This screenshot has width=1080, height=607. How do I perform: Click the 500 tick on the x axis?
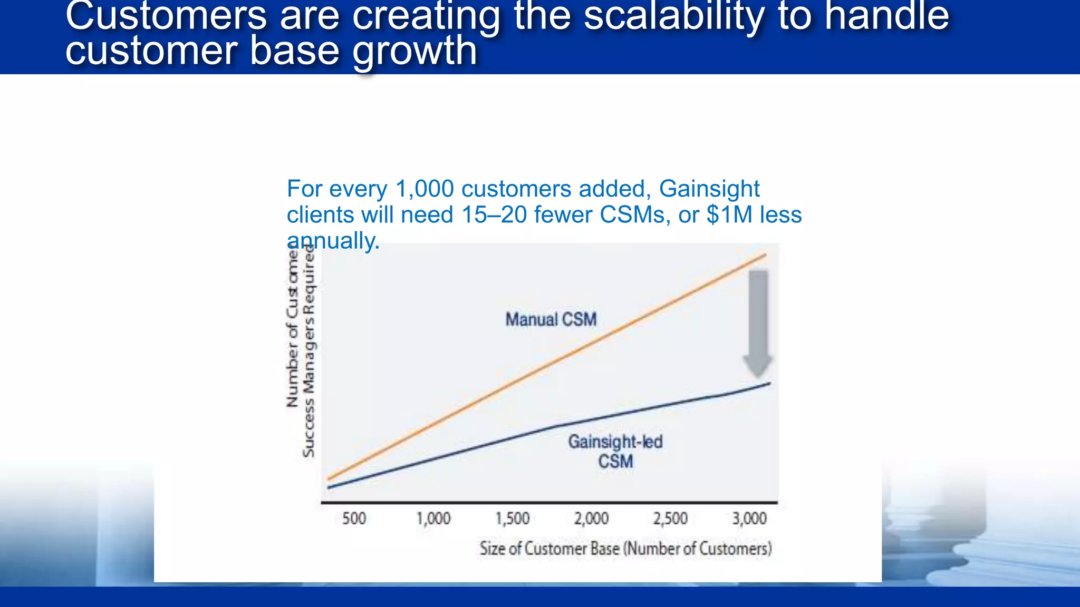click(354, 518)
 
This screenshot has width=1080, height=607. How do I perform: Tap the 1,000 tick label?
click(433, 518)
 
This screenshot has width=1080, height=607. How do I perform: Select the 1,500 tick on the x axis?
click(512, 518)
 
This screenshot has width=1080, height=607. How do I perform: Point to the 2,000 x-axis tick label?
click(591, 518)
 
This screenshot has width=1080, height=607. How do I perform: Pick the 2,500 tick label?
click(670, 518)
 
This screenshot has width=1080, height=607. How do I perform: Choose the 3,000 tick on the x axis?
click(749, 518)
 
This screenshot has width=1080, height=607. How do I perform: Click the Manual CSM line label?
click(551, 319)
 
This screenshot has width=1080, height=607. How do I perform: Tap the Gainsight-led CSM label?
click(615, 451)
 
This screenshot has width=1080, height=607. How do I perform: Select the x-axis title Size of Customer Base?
click(625, 549)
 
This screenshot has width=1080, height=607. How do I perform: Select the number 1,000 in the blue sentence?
click(425, 189)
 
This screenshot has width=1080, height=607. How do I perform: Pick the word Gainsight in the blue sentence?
click(709, 189)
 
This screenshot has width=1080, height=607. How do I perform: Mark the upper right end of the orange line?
click(765, 255)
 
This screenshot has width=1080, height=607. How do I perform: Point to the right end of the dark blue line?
click(769, 383)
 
